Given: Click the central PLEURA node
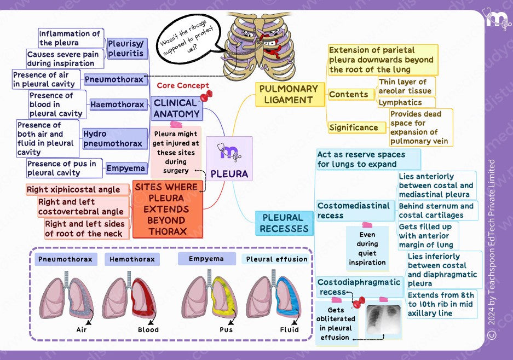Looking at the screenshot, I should [229, 159].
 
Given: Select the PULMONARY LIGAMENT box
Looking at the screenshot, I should [288, 94].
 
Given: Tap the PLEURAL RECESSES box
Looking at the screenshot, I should [284, 223].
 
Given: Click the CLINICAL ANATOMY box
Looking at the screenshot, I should [175, 108].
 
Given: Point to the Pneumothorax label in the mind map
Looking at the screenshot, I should [116, 80].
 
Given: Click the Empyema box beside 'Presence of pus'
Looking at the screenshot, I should [126, 169].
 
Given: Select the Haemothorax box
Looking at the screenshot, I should [117, 104].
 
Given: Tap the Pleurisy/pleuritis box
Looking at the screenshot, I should [126, 48].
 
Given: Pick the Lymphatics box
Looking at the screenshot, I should [405, 102].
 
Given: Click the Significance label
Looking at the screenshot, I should [354, 127].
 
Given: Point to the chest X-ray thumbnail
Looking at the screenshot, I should [383, 318].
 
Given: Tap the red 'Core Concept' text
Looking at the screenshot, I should [183, 86].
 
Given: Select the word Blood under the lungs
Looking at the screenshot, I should [148, 329].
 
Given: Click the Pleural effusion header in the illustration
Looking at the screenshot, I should [277, 259].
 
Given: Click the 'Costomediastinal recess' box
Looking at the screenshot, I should [354, 210].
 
